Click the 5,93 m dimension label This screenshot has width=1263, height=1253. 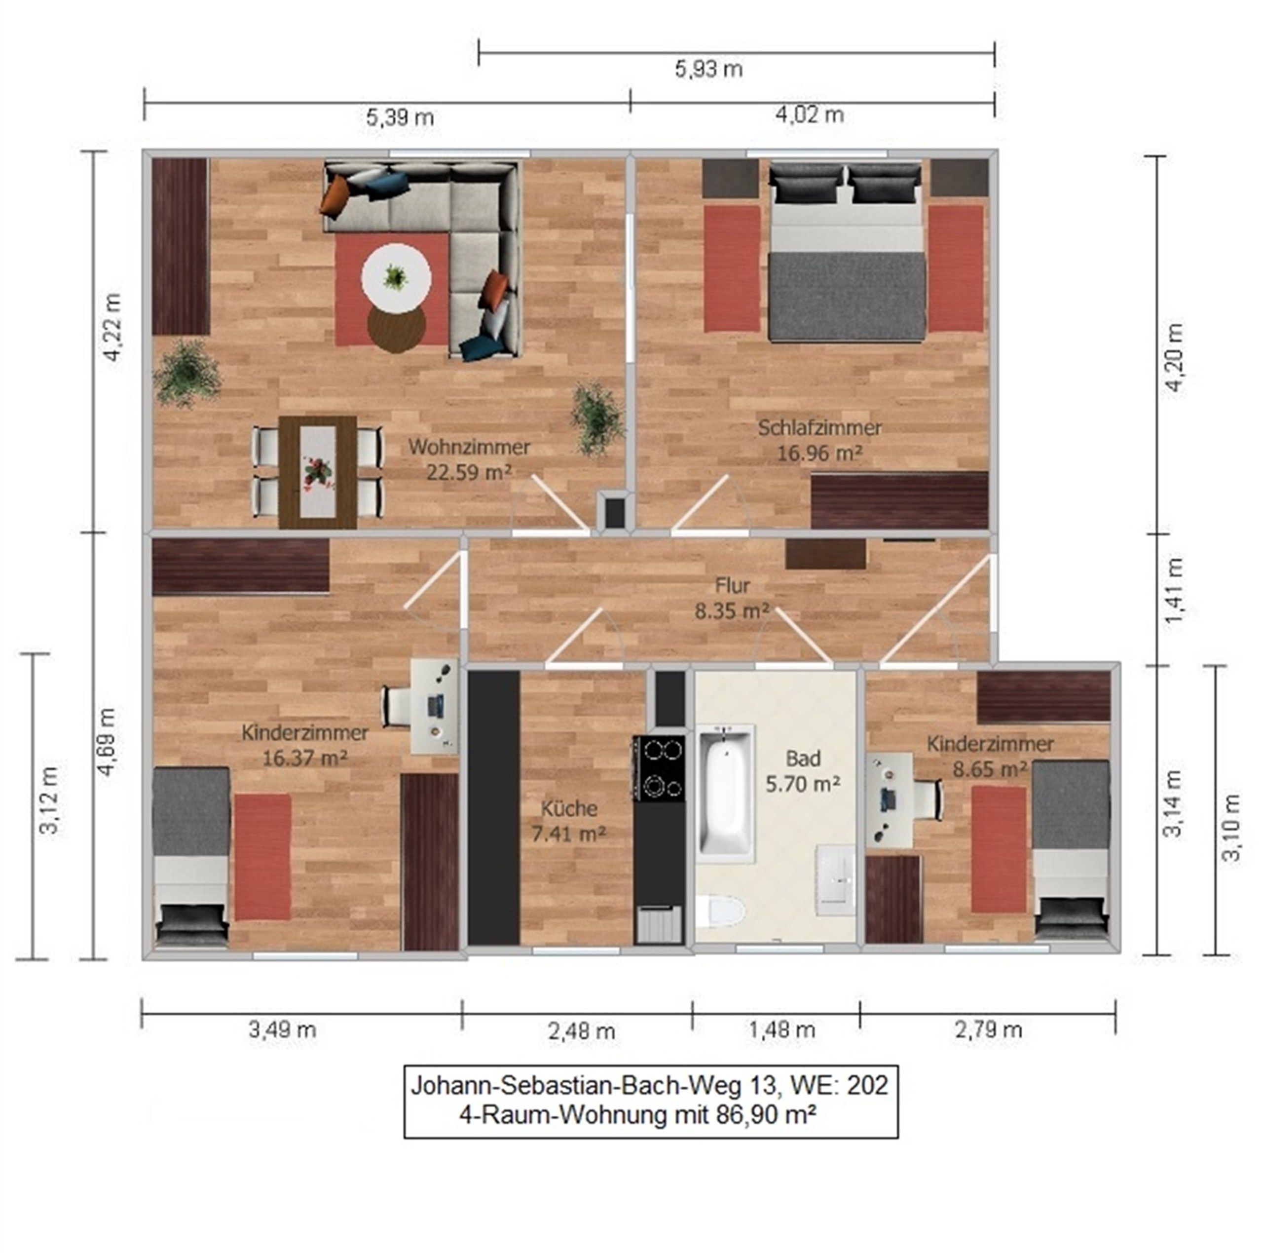pos(708,69)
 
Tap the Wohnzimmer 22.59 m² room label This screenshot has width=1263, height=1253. pos(469,460)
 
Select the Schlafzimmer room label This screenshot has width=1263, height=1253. pos(820,428)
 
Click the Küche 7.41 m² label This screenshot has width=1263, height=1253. pos(569,821)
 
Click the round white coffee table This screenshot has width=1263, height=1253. pos(396,277)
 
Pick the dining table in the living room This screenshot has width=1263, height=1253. pos(318,471)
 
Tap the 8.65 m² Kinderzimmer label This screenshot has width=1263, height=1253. pos(990,757)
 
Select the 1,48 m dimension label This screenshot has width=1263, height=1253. pos(782,1030)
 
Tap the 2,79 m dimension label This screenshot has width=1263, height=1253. pos(988,1030)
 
